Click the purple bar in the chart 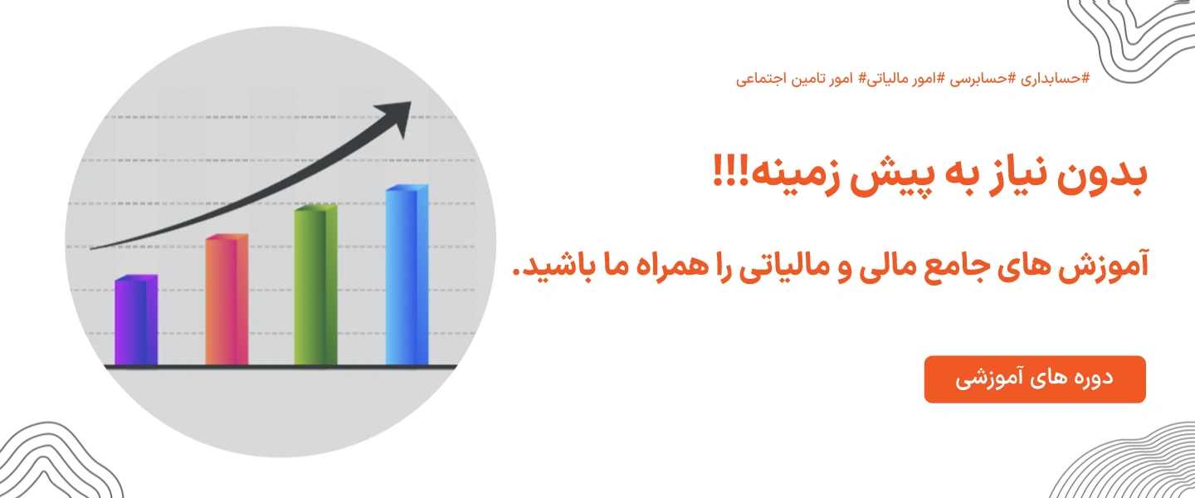pos(135,321)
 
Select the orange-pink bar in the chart pos(227,300)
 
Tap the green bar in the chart pos(315,286)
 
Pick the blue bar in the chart pos(407,276)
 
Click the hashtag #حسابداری pos(1054,79)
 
